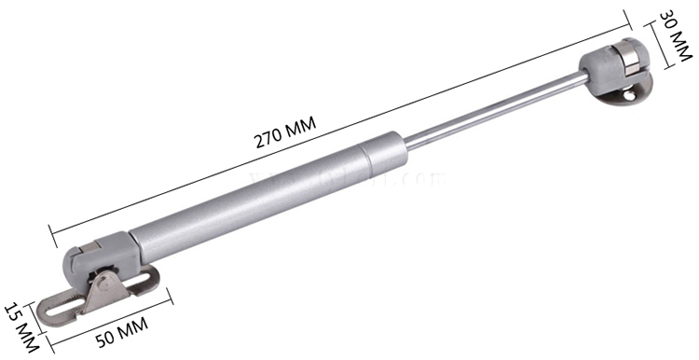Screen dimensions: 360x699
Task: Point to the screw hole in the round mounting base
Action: click(637, 91)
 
